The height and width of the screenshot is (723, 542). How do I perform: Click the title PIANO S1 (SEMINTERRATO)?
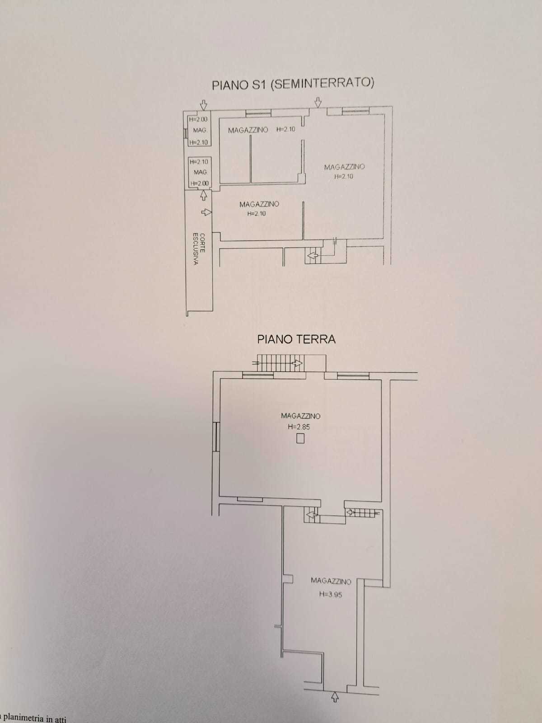(293, 84)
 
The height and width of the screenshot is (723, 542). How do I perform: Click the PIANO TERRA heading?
(296, 339)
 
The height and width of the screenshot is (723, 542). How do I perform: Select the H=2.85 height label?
(299, 427)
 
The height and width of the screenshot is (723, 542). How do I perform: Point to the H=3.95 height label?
(331, 594)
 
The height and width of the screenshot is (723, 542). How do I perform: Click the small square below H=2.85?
(300, 439)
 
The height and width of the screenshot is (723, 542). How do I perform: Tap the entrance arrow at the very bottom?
(335, 697)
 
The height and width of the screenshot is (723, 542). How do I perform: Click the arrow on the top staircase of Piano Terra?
(298, 363)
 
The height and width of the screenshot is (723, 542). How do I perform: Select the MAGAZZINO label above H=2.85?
(300, 416)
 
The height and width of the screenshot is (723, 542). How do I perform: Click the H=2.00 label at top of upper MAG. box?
(198, 119)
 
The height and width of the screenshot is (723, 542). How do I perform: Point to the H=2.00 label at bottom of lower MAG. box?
(199, 183)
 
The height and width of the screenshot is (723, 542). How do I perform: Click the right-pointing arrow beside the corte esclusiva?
(206, 212)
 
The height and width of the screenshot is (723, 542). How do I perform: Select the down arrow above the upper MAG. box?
(204, 105)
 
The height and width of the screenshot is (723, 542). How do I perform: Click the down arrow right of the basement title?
(318, 102)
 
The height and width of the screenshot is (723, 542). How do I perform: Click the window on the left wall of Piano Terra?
(215, 437)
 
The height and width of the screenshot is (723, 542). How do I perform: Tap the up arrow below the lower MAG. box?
(204, 195)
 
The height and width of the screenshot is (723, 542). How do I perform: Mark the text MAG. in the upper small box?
(200, 131)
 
